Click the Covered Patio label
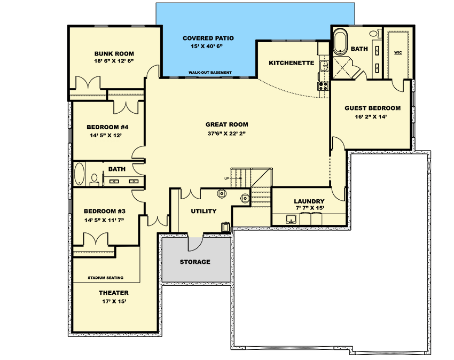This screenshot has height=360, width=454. (208, 38)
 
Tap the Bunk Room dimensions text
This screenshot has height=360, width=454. (114, 61)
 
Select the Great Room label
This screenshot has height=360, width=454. (226, 124)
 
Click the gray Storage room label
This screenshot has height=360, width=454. (195, 262)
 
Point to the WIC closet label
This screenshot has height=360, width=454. (398, 52)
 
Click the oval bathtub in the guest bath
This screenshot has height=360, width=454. (340, 43)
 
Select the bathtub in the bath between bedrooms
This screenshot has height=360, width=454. (79, 174)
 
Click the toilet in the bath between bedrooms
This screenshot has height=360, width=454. (95, 180)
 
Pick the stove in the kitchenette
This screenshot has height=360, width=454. (323, 85)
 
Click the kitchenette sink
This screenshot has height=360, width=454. (324, 66)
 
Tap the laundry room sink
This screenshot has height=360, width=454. (291, 219)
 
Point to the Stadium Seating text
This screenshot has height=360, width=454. (105, 278)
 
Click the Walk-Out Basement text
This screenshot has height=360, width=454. (210, 73)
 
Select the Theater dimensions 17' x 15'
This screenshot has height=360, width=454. (114, 301)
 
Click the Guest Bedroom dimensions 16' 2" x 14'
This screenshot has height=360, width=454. (371, 117)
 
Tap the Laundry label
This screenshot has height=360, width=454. (309, 201)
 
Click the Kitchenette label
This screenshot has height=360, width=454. (291, 63)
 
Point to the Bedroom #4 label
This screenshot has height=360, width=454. (107, 127)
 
